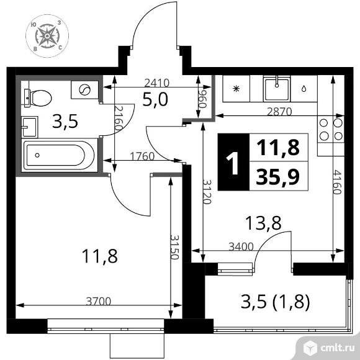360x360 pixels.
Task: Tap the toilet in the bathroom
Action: point(39,96)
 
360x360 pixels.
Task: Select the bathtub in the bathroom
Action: point(59,156)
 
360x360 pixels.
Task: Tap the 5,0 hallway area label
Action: point(155,99)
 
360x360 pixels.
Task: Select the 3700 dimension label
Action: point(97,302)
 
